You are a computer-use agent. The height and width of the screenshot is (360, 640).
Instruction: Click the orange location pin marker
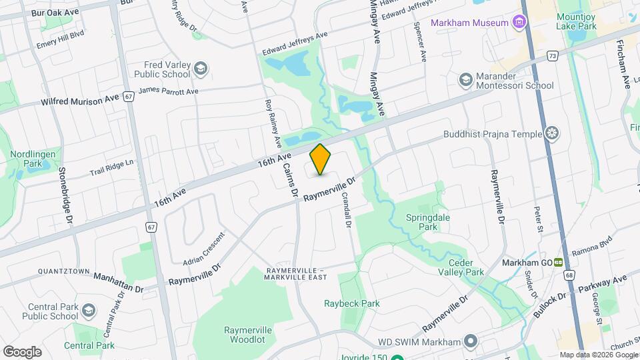point(321,159)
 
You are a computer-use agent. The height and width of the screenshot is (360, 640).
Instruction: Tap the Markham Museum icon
point(519,23)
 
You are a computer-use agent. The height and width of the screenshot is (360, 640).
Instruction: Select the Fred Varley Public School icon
point(200,69)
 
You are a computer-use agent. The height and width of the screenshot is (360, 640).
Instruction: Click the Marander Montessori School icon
point(465,80)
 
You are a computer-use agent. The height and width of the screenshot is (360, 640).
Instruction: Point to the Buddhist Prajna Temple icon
point(551,134)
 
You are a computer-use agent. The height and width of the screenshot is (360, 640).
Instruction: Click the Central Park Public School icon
point(89,311)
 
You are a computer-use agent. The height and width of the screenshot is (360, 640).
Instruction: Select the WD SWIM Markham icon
point(471,342)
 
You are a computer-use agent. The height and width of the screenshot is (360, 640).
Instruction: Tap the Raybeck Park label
point(351,303)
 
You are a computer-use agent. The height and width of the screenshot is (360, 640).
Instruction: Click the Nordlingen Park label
point(26,159)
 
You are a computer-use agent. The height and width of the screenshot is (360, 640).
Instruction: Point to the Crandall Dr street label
point(347,207)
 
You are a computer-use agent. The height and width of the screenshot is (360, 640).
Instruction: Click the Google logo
point(22,351)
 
